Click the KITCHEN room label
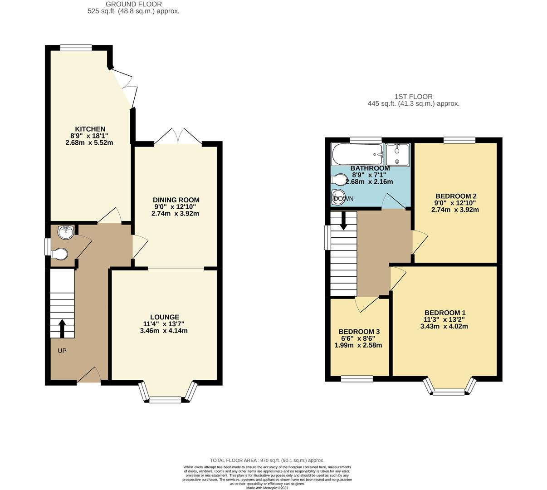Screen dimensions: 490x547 click(90, 129)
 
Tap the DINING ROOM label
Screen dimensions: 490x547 click(176, 200)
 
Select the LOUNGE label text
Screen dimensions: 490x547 click(165, 317)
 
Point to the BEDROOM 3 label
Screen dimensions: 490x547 click(359, 332)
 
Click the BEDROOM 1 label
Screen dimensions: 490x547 click(444, 313)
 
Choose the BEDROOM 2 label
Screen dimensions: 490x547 click(455, 196)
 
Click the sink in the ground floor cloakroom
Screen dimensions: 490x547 click(66, 233)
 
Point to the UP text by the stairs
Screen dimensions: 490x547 click(62, 351)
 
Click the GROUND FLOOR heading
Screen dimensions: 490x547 click(133, 4)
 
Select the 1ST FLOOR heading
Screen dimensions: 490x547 click(413, 97)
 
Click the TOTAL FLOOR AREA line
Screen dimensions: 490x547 click(267, 460)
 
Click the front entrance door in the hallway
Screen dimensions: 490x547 click(90, 376)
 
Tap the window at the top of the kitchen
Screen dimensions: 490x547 click(76, 47)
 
